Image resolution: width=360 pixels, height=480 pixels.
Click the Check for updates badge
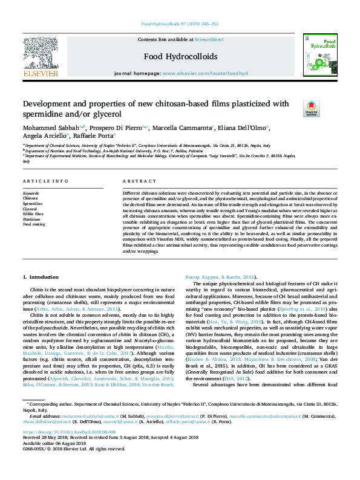(312, 108)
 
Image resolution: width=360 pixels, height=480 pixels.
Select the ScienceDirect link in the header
(209, 39)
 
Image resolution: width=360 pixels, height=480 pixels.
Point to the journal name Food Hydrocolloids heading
(180, 57)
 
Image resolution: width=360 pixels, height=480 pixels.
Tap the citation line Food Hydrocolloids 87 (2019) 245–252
(180, 24)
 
